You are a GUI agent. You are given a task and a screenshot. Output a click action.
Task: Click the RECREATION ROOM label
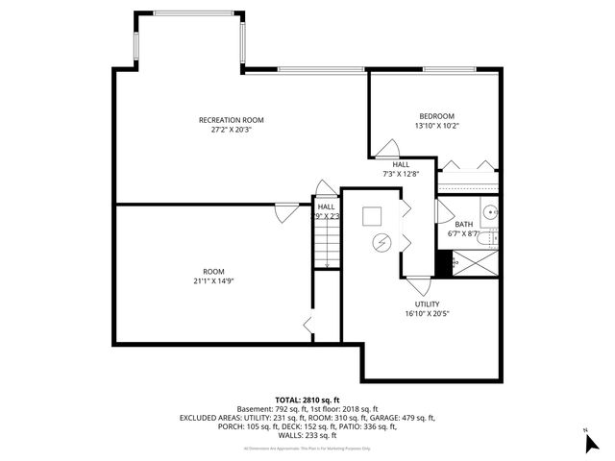(231, 120)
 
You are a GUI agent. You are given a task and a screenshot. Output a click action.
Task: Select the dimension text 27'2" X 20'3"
(231, 131)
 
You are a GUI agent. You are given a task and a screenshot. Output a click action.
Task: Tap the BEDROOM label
(436, 115)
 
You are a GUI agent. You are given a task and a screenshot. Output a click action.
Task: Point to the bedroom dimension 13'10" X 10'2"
(436, 126)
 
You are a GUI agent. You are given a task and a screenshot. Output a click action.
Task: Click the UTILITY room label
(427, 303)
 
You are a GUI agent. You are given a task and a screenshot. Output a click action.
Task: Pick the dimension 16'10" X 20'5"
(427, 313)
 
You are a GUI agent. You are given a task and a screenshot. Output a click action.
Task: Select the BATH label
(463, 224)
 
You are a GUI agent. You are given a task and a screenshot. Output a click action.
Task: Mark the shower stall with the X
(476, 261)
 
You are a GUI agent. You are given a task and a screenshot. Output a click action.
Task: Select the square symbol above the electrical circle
(372, 217)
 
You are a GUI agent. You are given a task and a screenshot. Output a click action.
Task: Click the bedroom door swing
(388, 149)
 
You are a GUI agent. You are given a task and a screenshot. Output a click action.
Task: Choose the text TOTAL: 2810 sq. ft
(307, 400)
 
